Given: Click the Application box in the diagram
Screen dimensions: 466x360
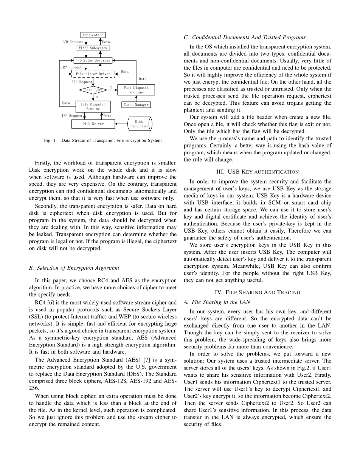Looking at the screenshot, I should (93, 35).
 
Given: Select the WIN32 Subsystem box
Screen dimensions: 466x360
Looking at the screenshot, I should (93, 48).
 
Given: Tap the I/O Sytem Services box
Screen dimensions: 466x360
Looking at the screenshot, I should (93, 61).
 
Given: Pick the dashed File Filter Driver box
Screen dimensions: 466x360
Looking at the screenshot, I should (93, 74).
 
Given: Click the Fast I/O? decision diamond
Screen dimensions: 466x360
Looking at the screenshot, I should (93, 90).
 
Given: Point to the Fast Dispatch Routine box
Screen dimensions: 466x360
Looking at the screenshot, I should (136, 90).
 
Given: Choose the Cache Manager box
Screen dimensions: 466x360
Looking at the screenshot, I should (136, 105).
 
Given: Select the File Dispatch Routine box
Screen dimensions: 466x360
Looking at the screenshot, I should (93, 106).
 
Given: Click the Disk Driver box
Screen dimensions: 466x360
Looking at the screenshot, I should (93, 124).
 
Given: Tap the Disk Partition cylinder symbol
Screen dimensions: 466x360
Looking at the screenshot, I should (140, 124).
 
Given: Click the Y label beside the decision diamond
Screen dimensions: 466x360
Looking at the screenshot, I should (111, 87).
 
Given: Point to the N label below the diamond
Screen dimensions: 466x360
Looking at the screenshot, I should (97, 97).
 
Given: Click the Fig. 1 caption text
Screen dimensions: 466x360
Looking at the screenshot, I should (102, 141).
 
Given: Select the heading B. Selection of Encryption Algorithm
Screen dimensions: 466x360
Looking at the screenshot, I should (74, 268).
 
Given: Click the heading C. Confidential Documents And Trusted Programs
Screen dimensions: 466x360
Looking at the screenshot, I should (245, 37).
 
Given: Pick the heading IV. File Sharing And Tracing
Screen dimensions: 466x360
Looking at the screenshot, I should (257, 292).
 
